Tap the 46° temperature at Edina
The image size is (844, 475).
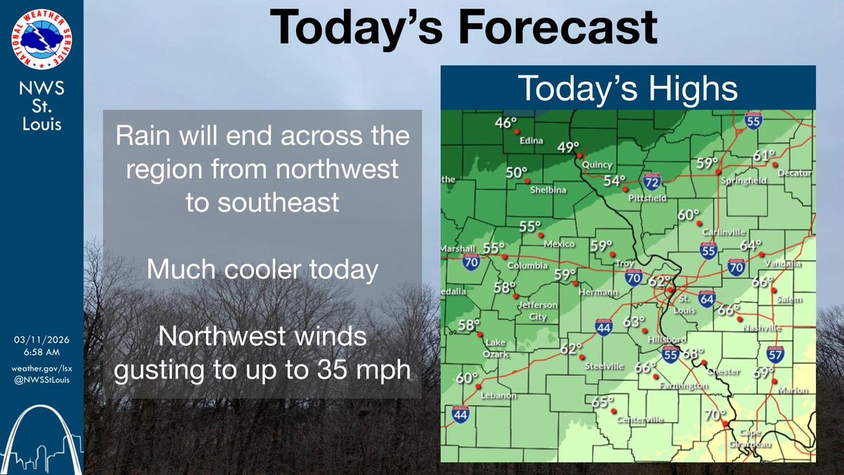(506, 123)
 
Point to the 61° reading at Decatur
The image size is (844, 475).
(764, 156)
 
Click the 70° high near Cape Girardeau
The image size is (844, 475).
(714, 415)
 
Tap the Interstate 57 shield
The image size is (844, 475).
(776, 355)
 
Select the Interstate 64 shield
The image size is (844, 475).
(707, 300)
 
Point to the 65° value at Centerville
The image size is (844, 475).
(599, 403)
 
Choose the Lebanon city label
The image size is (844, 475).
(498, 395)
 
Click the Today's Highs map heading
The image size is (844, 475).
(628, 89)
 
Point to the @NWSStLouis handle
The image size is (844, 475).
(42, 381)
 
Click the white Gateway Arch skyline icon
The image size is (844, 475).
(42, 440)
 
